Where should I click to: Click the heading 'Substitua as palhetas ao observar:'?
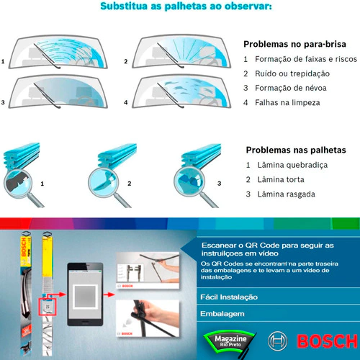pyautogui.click(x=186, y=6)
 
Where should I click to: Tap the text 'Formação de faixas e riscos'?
pyautogui.click(x=306, y=59)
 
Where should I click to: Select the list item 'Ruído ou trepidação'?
pyautogui.click(x=292, y=73)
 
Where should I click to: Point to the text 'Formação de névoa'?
pyautogui.click(x=291, y=88)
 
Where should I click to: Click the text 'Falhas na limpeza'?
pyautogui.click(x=287, y=103)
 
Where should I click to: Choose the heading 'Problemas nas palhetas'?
pyautogui.click(x=296, y=150)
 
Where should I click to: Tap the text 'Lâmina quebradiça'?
pyautogui.click(x=292, y=165)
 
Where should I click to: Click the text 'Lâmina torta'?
pyautogui.click(x=281, y=179)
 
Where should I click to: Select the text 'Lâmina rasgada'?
pyautogui.click(x=287, y=194)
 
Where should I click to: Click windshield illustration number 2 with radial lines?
pyautogui.click(x=181, y=52)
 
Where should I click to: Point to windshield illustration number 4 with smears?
pyautogui.click(x=181, y=91)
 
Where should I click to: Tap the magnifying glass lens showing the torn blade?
pyautogui.click(x=189, y=181)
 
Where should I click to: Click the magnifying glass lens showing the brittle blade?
pyautogui.click(x=18, y=184)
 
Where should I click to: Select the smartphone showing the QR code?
pyautogui.click(x=85, y=294)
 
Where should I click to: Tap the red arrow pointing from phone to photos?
pyautogui.click(x=109, y=294)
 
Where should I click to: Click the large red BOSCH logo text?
pyautogui.click(x=328, y=341)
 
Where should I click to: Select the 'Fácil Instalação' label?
pyautogui.click(x=229, y=297)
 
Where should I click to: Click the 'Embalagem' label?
pyautogui.click(x=222, y=314)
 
